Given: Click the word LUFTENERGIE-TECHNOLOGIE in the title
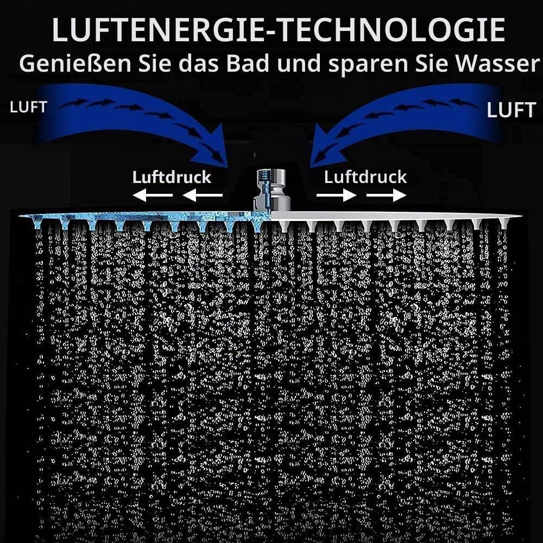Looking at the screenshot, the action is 279,30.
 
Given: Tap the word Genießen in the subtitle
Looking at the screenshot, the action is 75,64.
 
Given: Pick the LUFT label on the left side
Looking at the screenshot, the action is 28,108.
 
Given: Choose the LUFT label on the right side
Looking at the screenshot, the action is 511,110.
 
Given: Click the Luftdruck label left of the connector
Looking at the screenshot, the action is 172,178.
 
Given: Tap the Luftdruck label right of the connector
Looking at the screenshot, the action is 365,177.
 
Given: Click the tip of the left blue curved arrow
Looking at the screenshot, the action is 228,167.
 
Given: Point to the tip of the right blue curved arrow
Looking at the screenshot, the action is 310,167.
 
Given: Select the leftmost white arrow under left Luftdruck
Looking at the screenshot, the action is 153,195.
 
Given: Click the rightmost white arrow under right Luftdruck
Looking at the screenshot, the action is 387,195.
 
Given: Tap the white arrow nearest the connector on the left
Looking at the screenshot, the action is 203,195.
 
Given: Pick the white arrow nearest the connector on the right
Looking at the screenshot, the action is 337,195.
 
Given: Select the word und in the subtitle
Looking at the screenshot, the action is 299,64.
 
